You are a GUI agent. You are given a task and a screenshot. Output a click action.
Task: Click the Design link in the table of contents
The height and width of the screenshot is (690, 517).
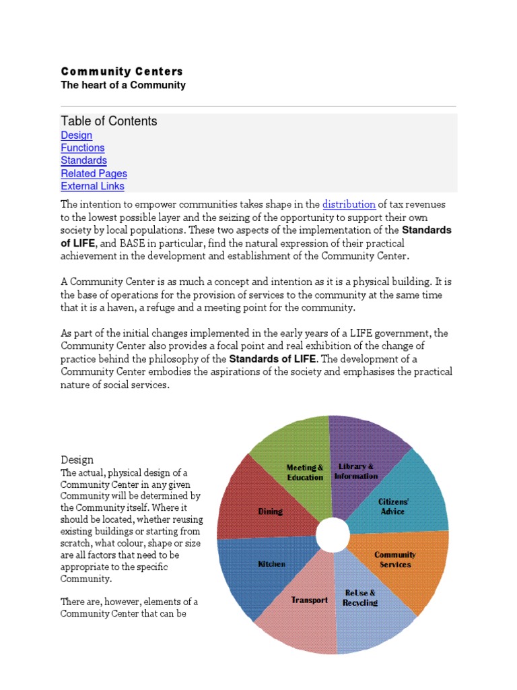pos(76,135)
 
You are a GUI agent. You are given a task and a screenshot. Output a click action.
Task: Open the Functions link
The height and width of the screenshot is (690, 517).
pos(82,148)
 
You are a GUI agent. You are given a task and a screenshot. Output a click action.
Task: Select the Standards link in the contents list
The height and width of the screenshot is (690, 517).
pos(83,160)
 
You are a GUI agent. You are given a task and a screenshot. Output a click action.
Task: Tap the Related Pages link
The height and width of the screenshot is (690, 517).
pos(94,173)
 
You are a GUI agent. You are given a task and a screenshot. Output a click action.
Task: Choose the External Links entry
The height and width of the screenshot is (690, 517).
pos(92,186)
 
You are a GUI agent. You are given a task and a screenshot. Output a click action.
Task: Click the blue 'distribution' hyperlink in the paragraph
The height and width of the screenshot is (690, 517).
pos(349,204)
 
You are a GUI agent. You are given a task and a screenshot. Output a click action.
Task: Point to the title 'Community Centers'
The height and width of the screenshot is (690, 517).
pos(122,71)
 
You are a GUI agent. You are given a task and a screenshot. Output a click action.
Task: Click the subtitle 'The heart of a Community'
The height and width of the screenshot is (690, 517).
pos(123,85)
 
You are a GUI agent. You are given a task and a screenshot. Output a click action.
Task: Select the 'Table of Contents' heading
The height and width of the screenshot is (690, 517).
pos(109,121)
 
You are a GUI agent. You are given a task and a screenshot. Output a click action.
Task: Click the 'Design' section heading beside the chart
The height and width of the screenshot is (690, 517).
pos(77,460)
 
